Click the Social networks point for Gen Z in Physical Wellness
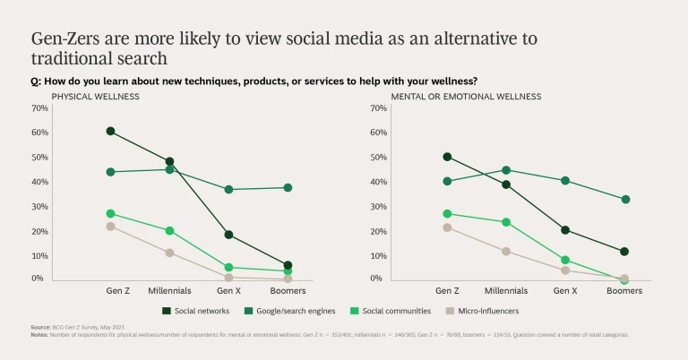tap(110, 131)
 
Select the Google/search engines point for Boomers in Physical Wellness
tap(288, 187)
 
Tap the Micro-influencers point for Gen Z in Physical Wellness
tap(110, 227)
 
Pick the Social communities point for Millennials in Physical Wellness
tap(169, 230)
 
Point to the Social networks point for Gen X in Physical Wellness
tap(228, 235)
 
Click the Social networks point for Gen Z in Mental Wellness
tap(447, 157)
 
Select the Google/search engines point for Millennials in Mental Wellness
tap(506, 170)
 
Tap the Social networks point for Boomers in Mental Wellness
tap(624, 252)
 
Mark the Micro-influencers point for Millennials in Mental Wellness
tap(506, 252)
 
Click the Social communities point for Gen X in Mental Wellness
tap(565, 260)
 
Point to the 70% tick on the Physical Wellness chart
tap(39, 108)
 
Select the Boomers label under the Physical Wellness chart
tap(288, 291)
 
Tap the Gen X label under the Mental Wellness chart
tap(565, 291)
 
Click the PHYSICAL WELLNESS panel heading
tap(90, 96)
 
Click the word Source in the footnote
tap(41, 329)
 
